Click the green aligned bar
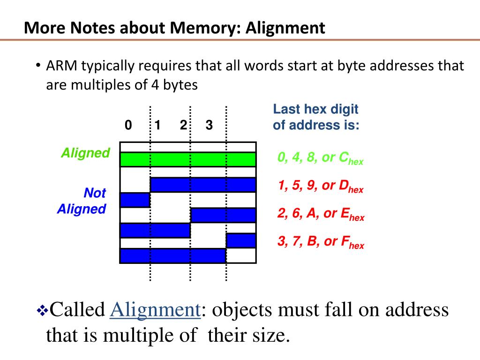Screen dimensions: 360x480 pyautogui.click(x=188, y=159)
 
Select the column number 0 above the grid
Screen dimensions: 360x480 pyautogui.click(x=128, y=125)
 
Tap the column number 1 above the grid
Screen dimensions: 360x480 pyautogui.click(x=158, y=125)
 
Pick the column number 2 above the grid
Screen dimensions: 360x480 pyautogui.click(x=183, y=125)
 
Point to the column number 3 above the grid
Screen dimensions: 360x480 pyautogui.click(x=209, y=125)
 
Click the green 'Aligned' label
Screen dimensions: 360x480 pyautogui.click(x=85, y=153)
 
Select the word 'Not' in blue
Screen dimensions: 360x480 pyautogui.click(x=95, y=193)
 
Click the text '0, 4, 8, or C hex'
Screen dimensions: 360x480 pyautogui.click(x=320, y=158)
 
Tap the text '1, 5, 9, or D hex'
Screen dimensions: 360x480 pyautogui.click(x=320, y=186)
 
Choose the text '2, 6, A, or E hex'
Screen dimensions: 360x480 pyautogui.click(x=321, y=214)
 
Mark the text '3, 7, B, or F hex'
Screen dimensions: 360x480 pyautogui.click(x=321, y=242)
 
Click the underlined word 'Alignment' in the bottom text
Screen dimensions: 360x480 pyautogui.click(x=155, y=310)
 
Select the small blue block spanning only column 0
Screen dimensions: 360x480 pyautogui.click(x=135, y=200)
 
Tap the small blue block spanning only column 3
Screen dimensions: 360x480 pyautogui.click(x=241, y=240)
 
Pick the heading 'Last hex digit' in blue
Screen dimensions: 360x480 pyautogui.click(x=315, y=110)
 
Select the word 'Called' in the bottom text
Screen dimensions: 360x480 pyautogui.click(x=77, y=310)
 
